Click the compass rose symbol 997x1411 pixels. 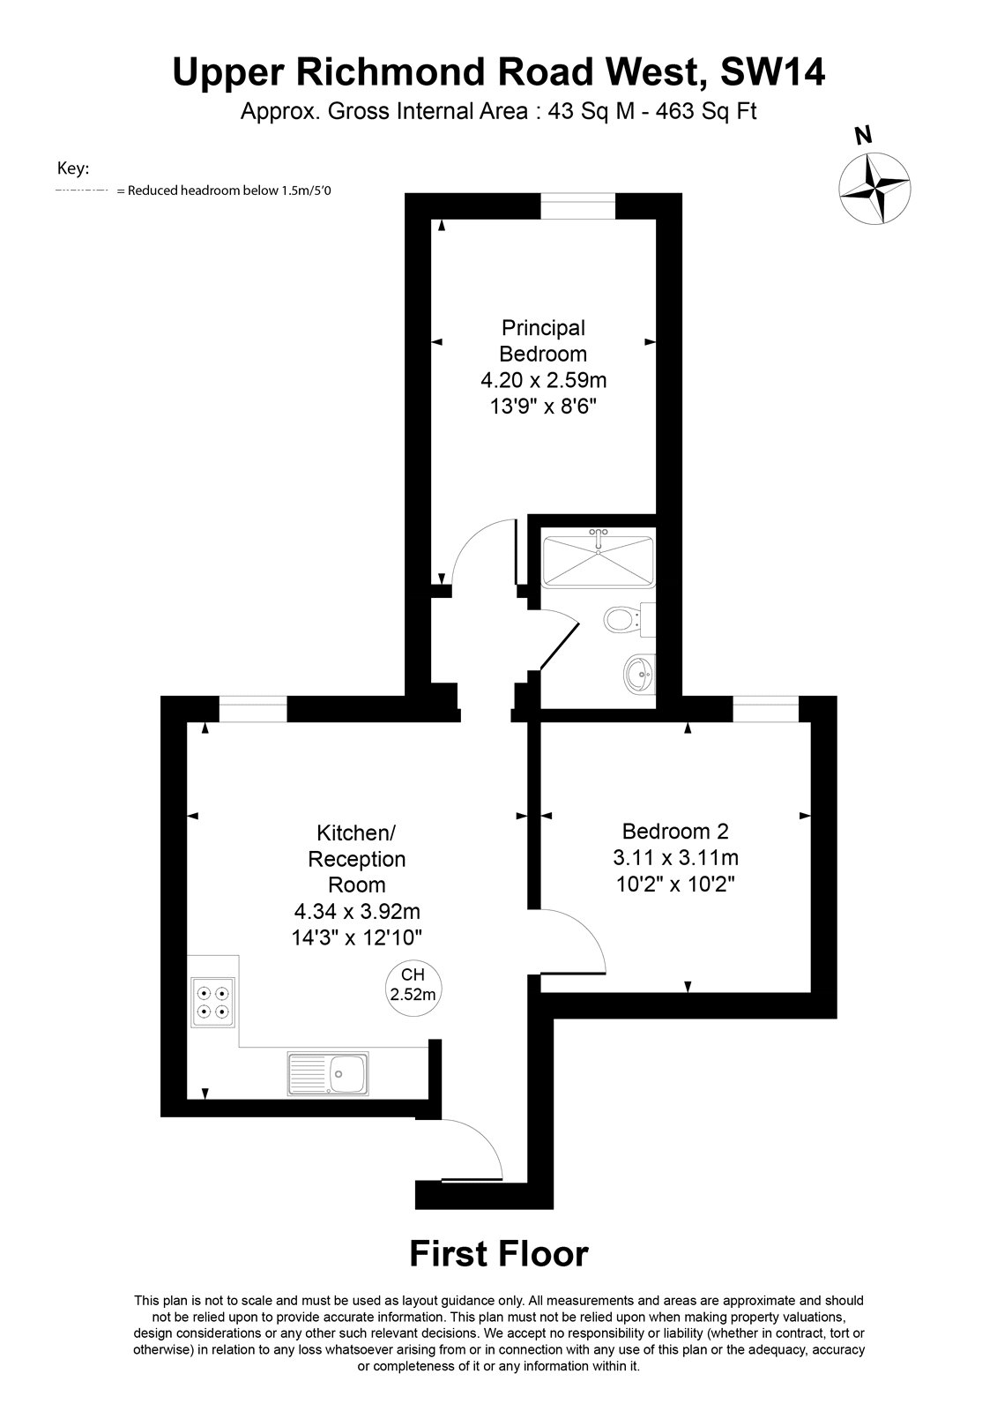(x=874, y=188)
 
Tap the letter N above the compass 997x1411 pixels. (x=864, y=135)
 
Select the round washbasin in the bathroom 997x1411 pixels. (x=640, y=674)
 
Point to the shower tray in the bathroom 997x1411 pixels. (x=599, y=561)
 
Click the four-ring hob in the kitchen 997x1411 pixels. (x=212, y=1002)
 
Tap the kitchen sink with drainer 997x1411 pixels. (x=328, y=1073)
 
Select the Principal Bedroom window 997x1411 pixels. (x=577, y=206)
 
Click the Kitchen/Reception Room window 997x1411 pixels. (x=253, y=709)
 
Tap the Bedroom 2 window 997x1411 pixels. (x=765, y=709)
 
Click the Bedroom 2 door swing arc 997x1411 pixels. (x=585, y=929)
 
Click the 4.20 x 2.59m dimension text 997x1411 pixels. (x=544, y=380)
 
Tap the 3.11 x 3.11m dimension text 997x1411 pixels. (x=675, y=857)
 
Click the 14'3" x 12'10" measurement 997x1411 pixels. (x=356, y=937)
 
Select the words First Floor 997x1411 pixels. (x=499, y=1253)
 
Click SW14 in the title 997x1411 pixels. (x=772, y=71)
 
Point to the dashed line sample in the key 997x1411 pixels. (x=82, y=190)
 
